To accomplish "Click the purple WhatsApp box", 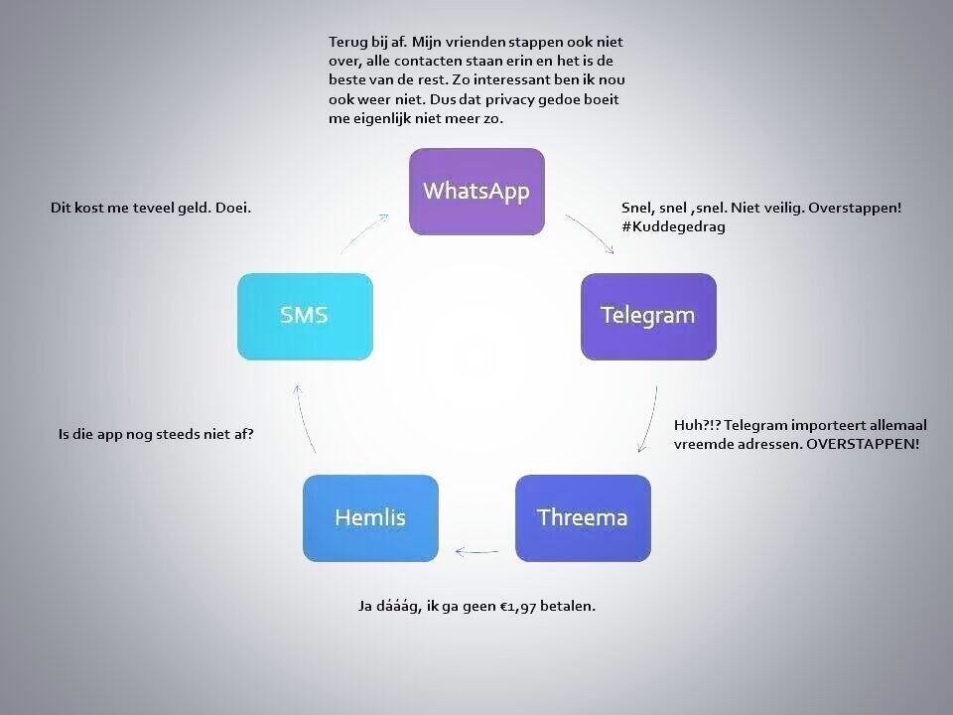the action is click(x=476, y=192).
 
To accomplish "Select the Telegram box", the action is click(x=648, y=317).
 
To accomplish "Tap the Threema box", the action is click(x=583, y=518).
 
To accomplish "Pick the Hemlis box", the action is click(x=370, y=518).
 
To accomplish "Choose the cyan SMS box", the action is click(x=305, y=317).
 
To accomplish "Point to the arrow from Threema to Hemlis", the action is click(x=476, y=551).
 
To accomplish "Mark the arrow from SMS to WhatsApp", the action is click(x=363, y=232).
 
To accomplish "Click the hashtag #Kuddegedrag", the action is click(x=673, y=226).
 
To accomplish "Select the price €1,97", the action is click(x=518, y=606).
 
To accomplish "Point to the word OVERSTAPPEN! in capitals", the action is click(x=863, y=444).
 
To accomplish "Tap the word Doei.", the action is click(x=232, y=208).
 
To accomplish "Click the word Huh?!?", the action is click(x=697, y=424).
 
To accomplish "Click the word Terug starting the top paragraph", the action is click(x=347, y=43).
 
